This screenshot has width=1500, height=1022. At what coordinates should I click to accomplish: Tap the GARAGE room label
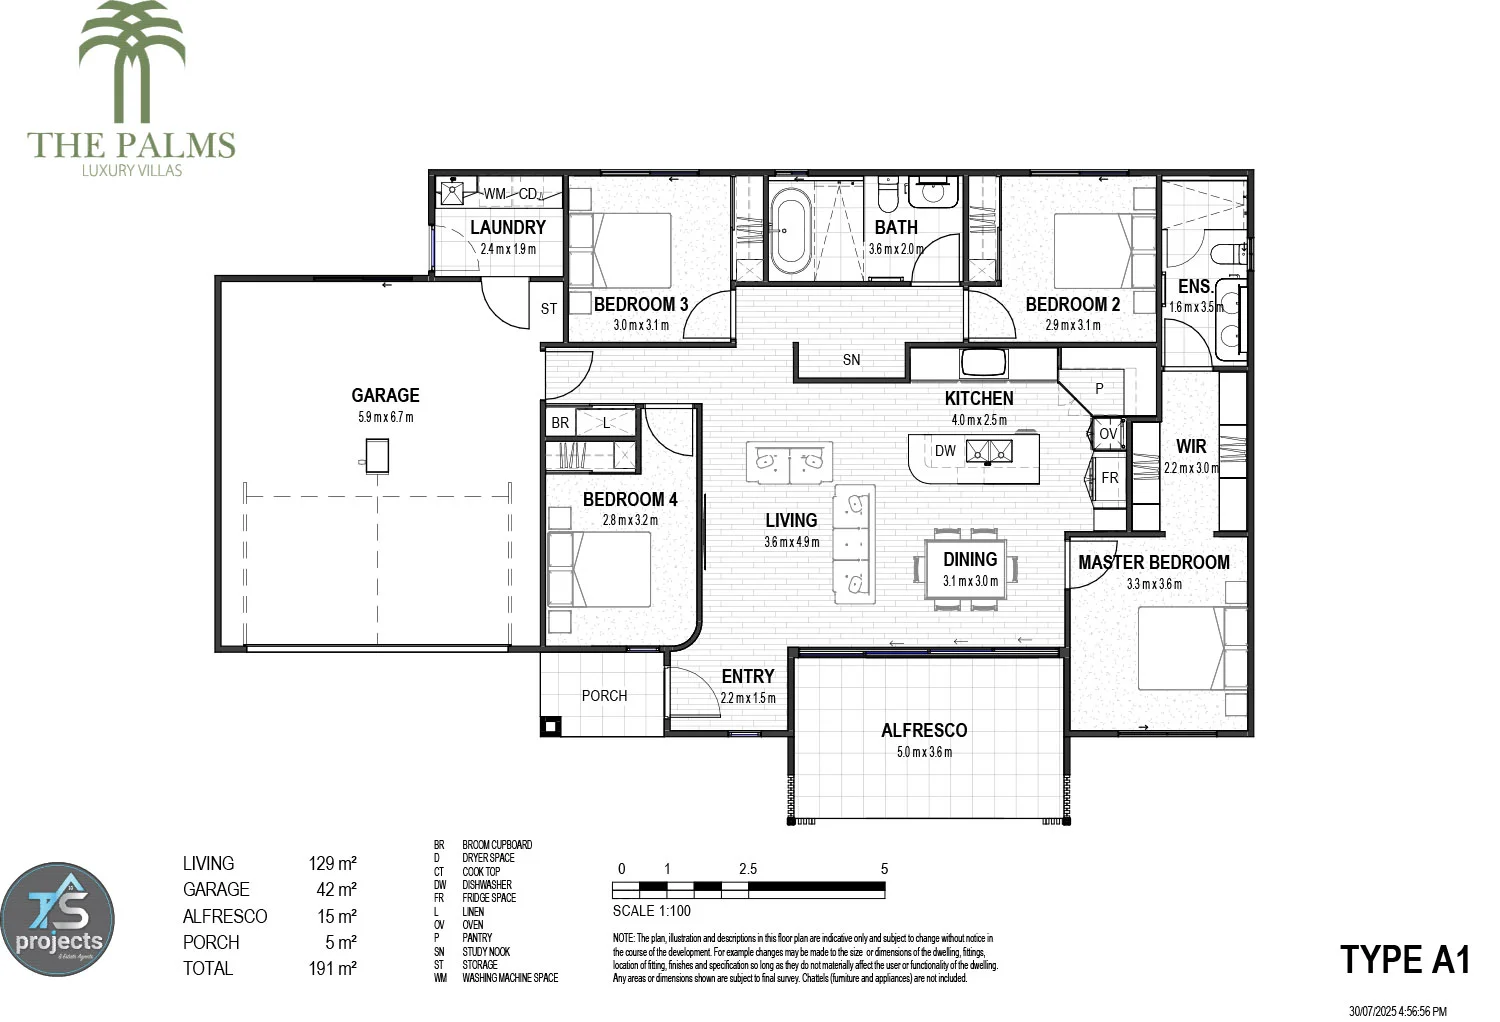click(385, 395)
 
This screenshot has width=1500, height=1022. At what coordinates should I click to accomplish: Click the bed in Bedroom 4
click(600, 570)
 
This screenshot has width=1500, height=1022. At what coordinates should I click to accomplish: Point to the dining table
click(967, 569)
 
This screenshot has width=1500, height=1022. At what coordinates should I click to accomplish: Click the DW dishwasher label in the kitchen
click(945, 451)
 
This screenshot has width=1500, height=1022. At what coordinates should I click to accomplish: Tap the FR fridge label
click(1110, 478)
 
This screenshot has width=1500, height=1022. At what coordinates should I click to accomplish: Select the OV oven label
click(1108, 434)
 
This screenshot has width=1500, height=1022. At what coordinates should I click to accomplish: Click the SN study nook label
click(851, 360)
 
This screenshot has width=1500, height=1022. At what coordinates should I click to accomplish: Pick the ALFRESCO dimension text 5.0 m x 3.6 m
click(924, 752)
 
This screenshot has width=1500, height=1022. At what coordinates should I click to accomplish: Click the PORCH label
click(604, 696)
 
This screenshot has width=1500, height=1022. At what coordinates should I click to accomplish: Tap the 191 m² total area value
click(332, 968)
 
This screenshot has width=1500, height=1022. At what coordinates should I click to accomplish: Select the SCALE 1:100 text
click(651, 911)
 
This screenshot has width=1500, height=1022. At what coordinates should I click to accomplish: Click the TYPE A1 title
click(1405, 960)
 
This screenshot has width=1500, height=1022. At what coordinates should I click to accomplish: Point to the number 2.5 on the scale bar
click(748, 869)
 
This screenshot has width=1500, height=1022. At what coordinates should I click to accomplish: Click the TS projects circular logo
click(58, 920)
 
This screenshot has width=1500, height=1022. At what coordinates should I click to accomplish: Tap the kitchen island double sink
click(989, 451)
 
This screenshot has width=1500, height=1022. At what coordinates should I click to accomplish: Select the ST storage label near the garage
click(548, 309)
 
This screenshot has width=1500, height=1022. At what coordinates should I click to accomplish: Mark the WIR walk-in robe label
click(1191, 446)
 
